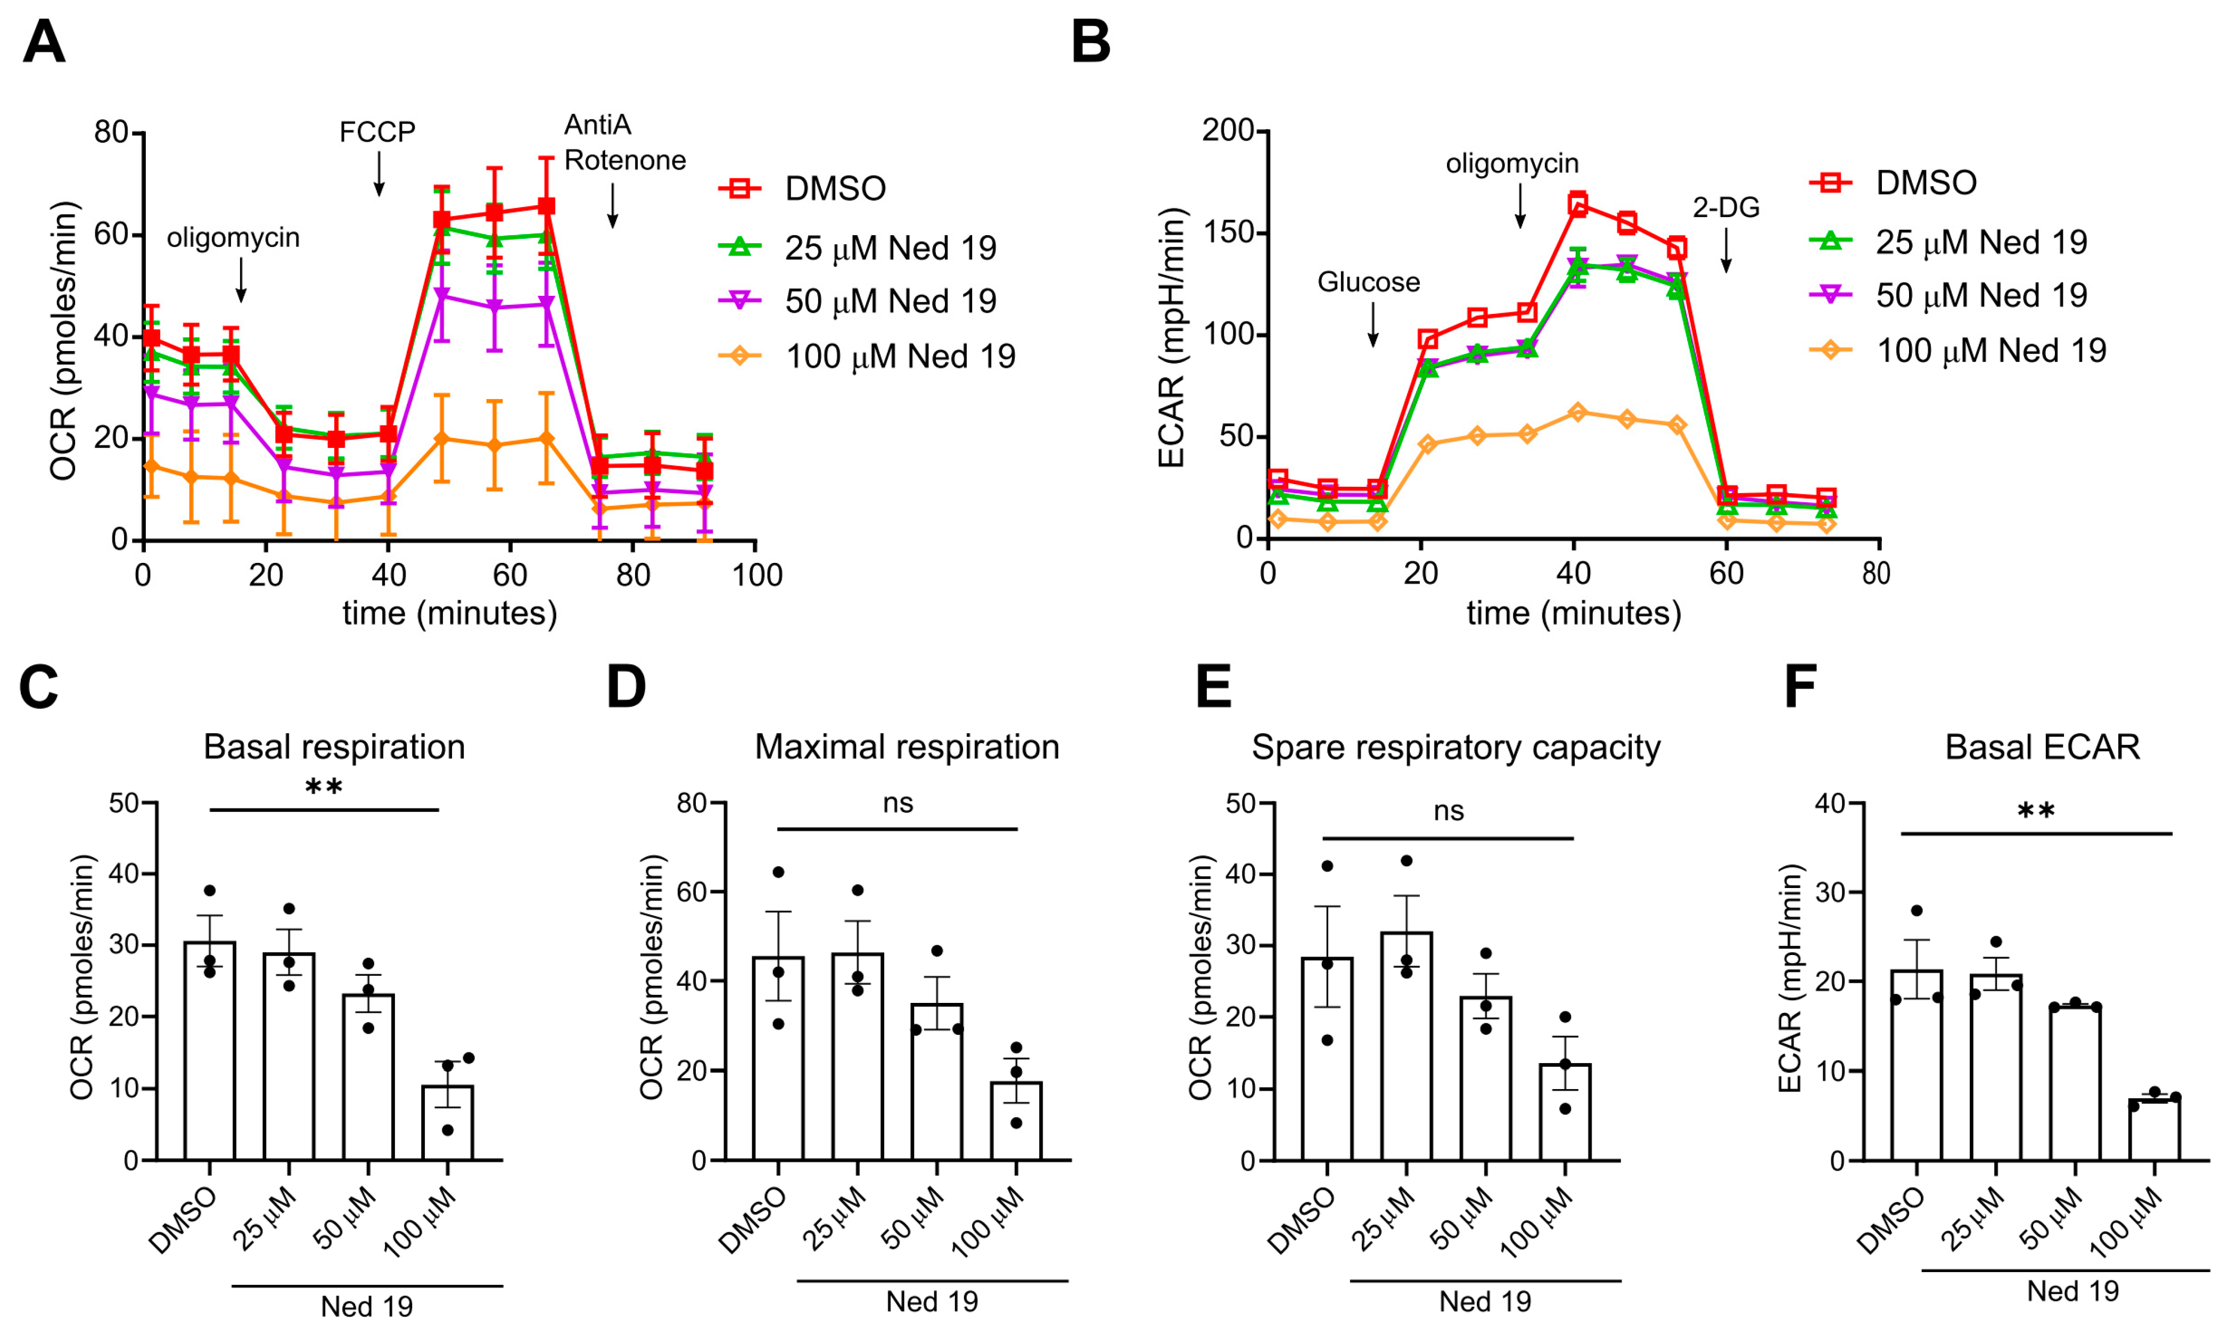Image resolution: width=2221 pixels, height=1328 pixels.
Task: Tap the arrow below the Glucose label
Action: tap(1372, 324)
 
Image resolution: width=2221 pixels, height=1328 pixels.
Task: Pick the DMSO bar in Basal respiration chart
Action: tap(209, 1051)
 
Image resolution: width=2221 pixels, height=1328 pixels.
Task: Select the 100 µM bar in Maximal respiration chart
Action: tap(1016, 1120)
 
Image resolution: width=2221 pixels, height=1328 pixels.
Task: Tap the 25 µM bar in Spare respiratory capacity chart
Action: tap(1406, 1046)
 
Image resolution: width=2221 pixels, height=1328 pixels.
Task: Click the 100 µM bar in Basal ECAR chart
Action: tap(2154, 1130)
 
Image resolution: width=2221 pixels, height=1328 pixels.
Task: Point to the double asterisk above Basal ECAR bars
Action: tap(2036, 812)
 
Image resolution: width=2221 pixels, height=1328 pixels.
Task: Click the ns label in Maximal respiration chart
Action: tap(898, 803)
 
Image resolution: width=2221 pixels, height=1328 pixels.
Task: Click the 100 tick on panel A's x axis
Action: tap(756, 575)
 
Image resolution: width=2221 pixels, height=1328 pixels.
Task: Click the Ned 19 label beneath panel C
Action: tap(367, 1306)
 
